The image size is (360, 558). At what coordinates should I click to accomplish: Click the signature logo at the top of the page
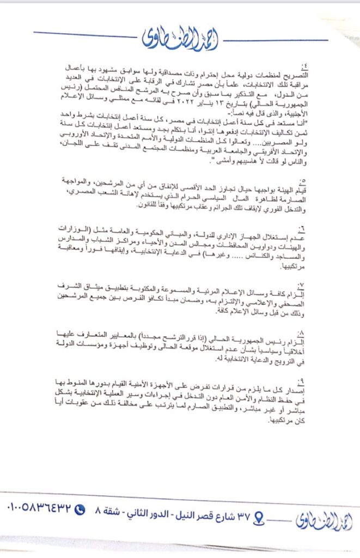180,38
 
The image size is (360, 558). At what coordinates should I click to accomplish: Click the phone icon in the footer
80,510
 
